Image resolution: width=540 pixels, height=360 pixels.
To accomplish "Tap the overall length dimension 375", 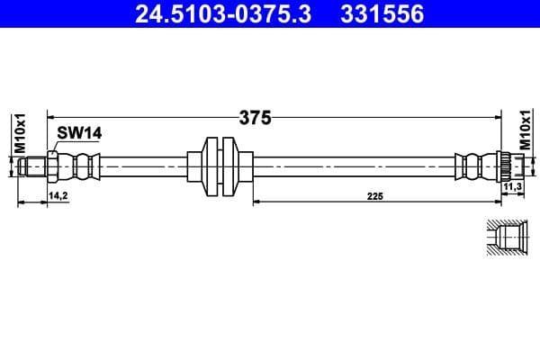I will pos(255,117).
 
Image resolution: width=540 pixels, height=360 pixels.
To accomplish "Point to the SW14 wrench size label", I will pos(78,133).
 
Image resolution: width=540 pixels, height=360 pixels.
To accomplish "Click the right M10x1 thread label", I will pos(525,131).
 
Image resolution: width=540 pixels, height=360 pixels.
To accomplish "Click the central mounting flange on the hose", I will pos(219,166).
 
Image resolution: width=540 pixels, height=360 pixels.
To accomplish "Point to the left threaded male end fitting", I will pos(33,166).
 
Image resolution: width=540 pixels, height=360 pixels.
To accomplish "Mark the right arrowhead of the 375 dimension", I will pos(497,117).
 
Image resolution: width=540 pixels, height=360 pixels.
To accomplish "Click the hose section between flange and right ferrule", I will pos(351,166).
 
